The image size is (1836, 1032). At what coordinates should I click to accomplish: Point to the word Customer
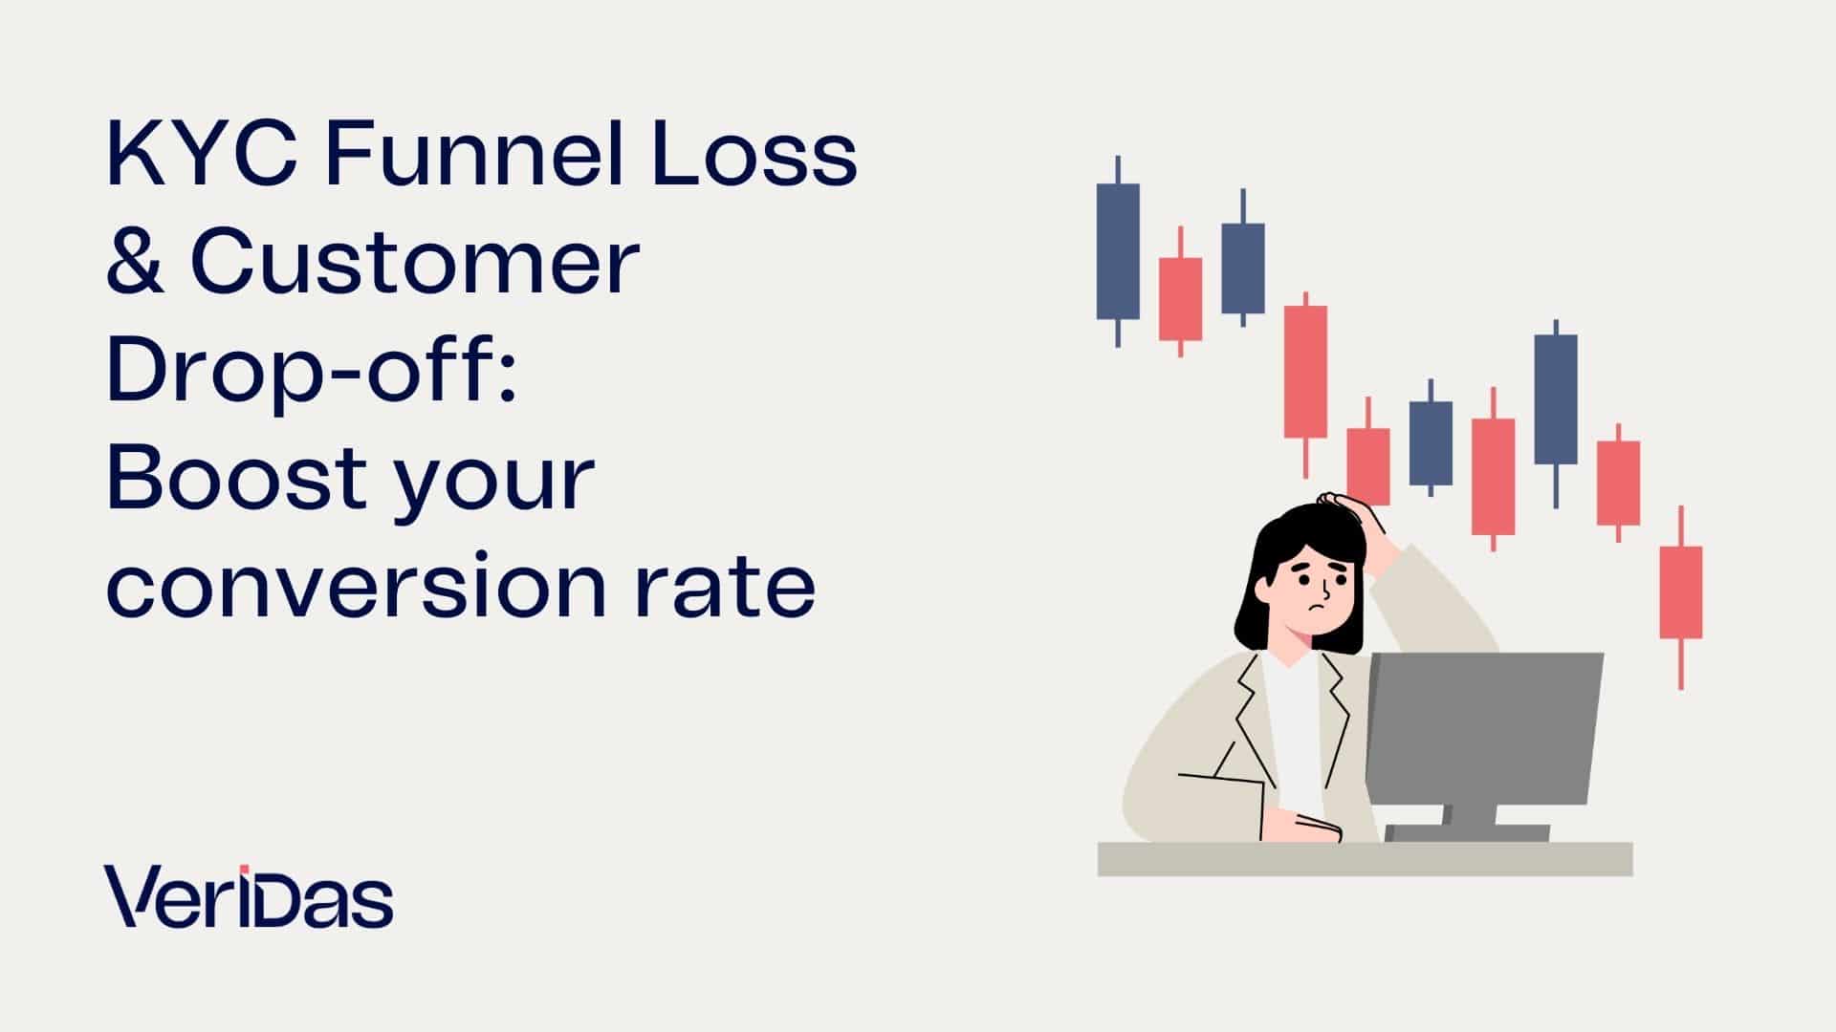point(415,264)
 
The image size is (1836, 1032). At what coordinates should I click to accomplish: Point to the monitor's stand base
point(1467,833)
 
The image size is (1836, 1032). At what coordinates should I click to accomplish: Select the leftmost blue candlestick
point(1118,250)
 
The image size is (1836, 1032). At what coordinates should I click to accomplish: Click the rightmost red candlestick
point(1680,592)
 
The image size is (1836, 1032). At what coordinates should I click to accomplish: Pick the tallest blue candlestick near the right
point(1556,399)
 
